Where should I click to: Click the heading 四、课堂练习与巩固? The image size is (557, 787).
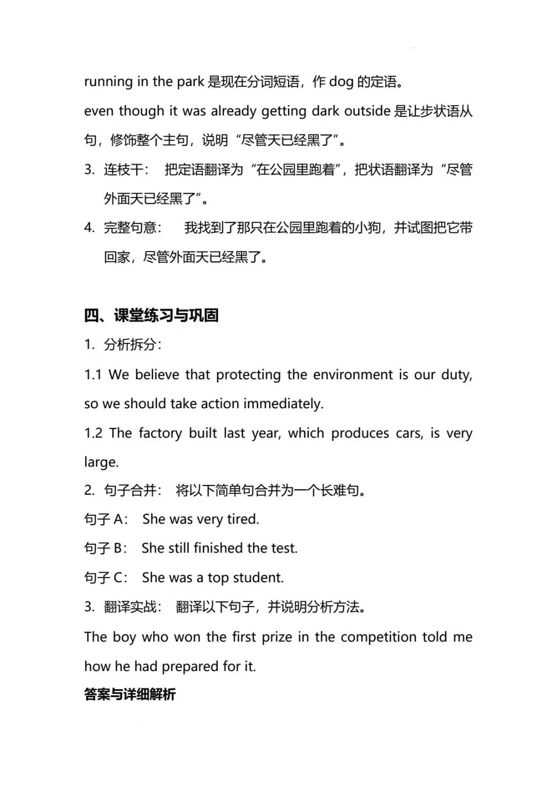tap(151, 315)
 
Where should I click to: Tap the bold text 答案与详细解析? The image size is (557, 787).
tap(130, 694)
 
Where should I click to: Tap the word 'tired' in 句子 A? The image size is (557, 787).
tap(242, 519)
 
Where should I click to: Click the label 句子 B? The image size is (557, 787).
tap(105, 548)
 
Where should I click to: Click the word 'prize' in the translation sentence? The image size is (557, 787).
tap(277, 637)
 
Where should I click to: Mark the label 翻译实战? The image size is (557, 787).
tap(132, 607)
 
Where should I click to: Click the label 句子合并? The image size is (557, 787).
tap(132, 490)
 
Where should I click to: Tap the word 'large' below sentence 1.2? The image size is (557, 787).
tap(101, 462)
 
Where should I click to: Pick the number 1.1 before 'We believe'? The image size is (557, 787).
tap(93, 375)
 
